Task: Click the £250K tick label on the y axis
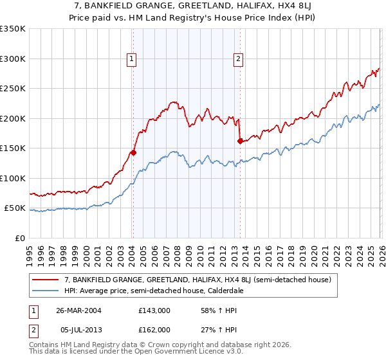pos(13,89)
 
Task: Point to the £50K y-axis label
pos(15,208)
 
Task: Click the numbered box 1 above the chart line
pos(132,59)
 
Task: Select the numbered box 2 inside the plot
pos(238,59)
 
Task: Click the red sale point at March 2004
pos(133,152)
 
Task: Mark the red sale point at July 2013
pos(240,141)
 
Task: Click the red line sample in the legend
pos(46,280)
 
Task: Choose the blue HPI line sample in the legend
pos(46,291)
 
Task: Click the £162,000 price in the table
pos(154,329)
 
